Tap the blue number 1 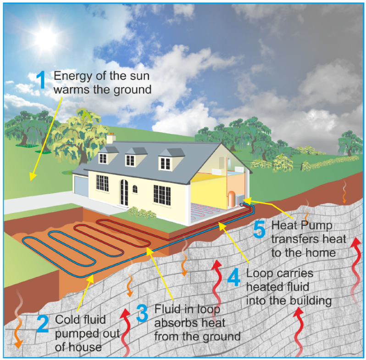[x=41, y=80]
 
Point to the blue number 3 [x=143, y=313]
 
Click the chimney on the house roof [x=111, y=139]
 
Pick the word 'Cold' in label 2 [x=66, y=319]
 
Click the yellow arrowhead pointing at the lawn [x=31, y=177]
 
